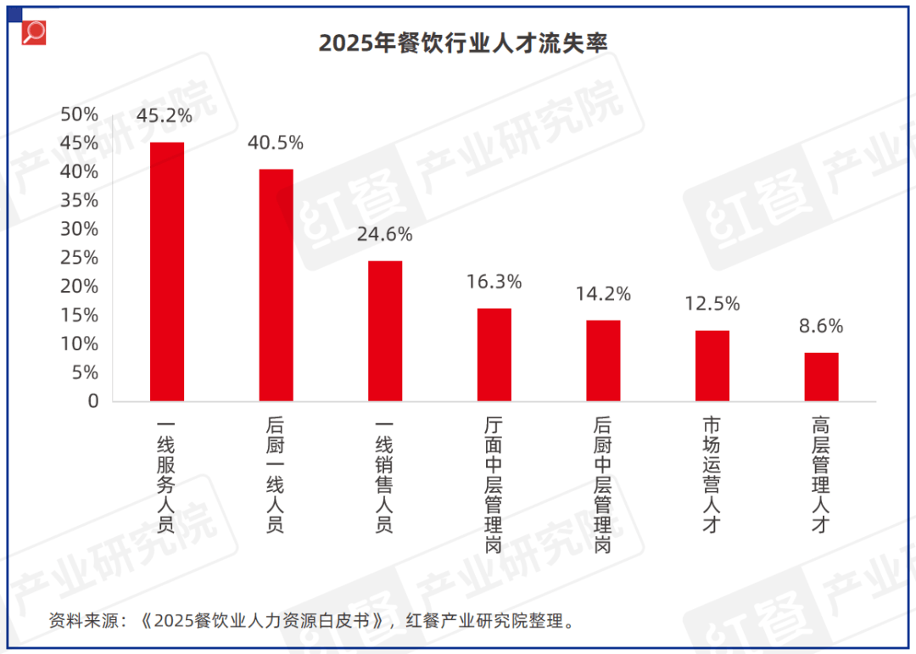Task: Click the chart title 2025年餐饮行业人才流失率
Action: [x=463, y=43]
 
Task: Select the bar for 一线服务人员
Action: [x=167, y=271]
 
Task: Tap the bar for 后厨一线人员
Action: [x=276, y=285]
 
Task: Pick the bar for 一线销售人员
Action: [x=385, y=331]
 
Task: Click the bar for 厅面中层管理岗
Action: [x=494, y=355]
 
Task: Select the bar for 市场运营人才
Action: [x=712, y=366]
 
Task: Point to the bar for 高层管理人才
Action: [x=821, y=377]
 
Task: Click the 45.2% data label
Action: [x=165, y=115]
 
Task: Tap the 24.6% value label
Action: [x=384, y=234]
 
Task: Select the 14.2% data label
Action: [x=603, y=294]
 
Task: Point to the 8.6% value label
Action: [x=821, y=327]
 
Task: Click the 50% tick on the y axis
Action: [x=80, y=115]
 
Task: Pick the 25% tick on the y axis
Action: [x=80, y=258]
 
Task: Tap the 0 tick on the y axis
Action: [x=92, y=401]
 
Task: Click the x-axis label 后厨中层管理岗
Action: [x=603, y=484]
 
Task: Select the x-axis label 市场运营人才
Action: [x=712, y=474]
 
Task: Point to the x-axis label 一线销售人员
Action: [x=385, y=474]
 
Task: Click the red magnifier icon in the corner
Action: [x=34, y=32]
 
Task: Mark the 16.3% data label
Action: [x=494, y=282]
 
